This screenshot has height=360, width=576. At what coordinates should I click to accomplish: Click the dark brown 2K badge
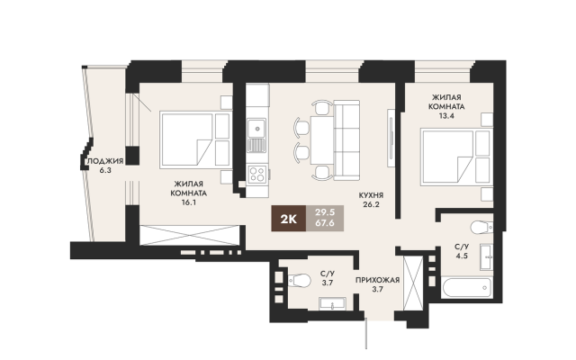288,218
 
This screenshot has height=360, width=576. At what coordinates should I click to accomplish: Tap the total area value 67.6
325,222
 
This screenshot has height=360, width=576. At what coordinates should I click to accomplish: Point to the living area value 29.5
325,212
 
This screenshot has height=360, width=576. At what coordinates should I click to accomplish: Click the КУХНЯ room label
371,195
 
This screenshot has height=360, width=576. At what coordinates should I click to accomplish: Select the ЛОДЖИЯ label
105,161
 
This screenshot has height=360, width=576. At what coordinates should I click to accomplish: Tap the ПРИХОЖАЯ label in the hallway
377,280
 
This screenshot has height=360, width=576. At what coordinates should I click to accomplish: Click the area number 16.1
188,202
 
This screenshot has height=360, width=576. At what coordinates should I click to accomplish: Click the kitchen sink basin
256,128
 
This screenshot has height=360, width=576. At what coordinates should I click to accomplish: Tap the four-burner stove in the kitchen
257,174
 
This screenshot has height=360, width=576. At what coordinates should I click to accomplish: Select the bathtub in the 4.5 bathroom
467,288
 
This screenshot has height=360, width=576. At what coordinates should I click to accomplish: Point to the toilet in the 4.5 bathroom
481,228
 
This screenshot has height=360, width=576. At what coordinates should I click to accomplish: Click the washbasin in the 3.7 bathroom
332,304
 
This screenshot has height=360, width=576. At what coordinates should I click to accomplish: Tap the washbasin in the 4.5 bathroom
486,256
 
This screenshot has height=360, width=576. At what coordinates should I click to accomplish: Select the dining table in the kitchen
322,140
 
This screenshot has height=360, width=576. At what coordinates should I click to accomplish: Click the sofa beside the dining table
346,140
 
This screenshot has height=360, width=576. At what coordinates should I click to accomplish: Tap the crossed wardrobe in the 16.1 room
190,235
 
